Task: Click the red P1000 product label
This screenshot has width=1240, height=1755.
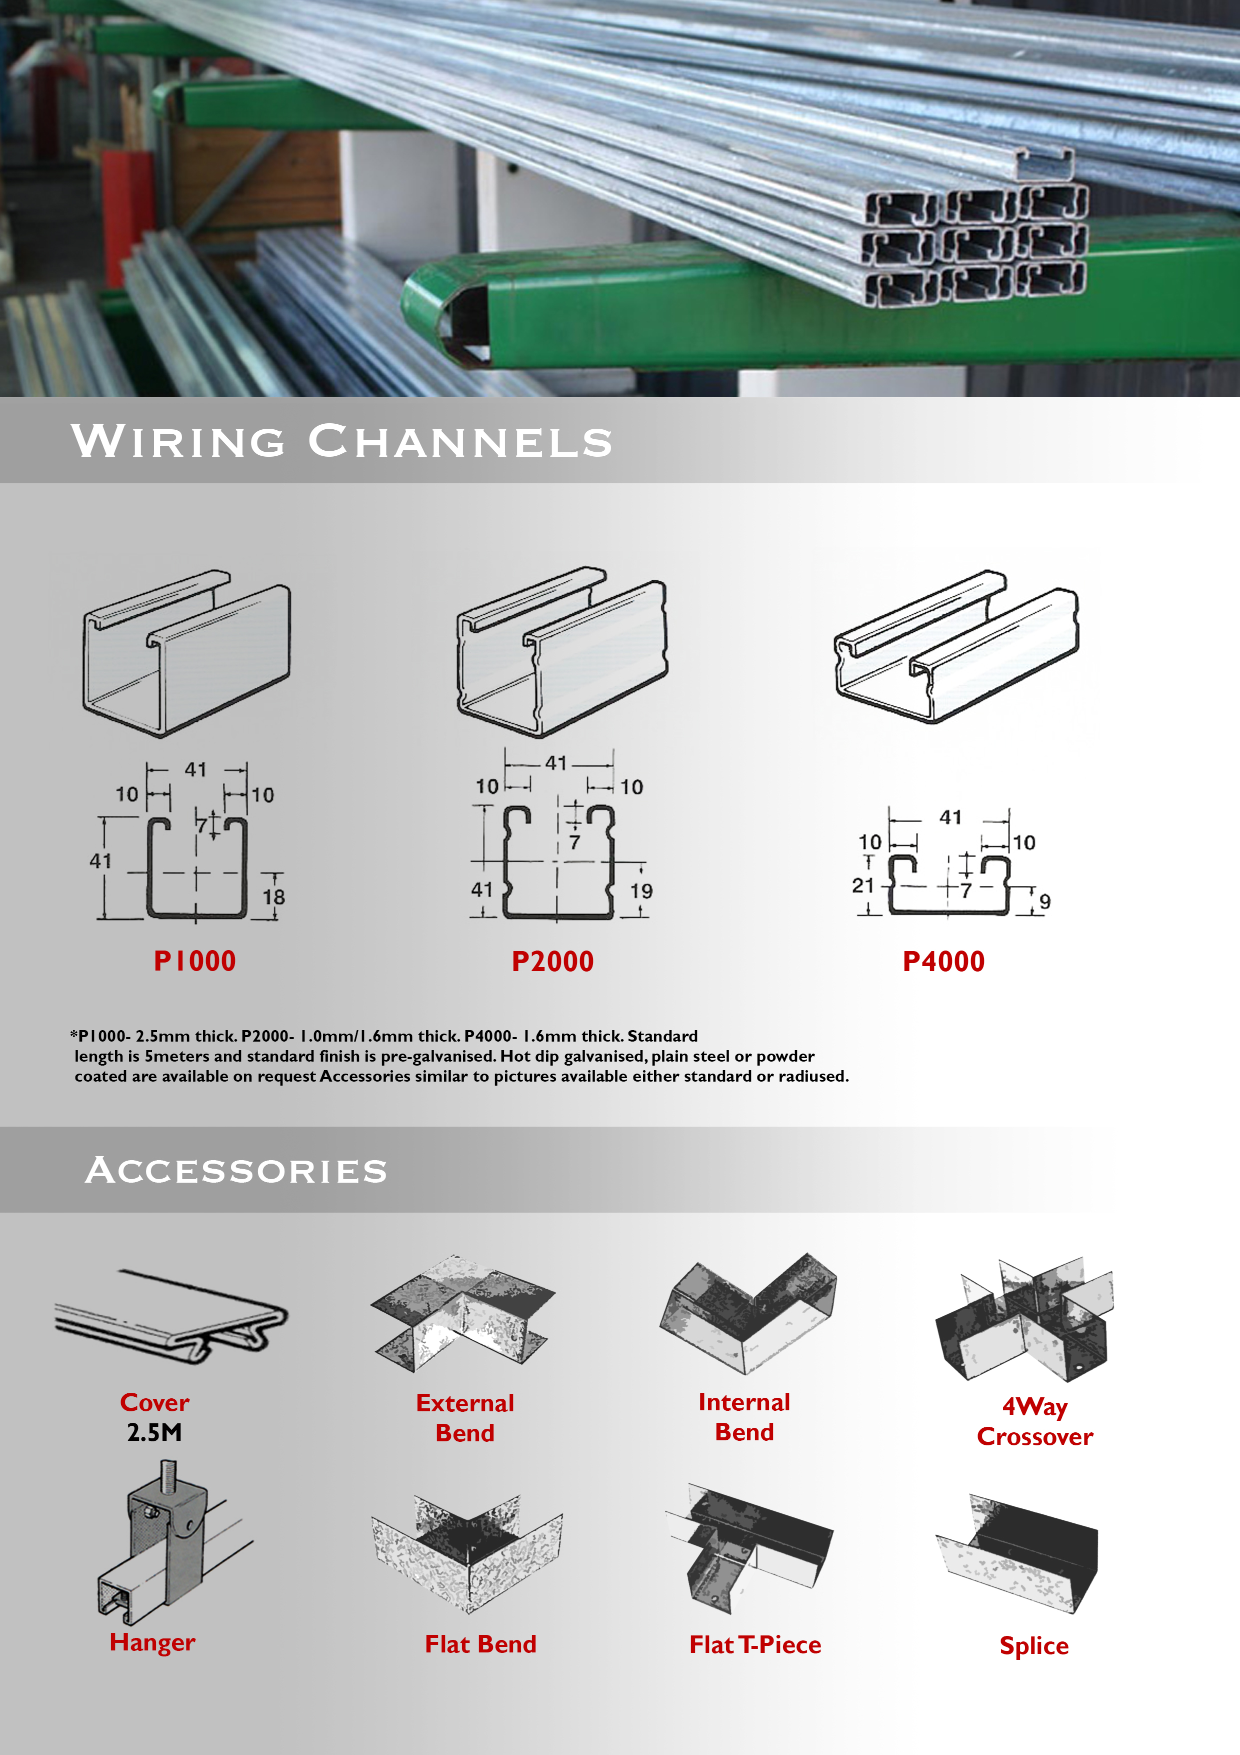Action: [195, 961]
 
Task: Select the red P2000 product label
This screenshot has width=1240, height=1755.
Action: [552, 962]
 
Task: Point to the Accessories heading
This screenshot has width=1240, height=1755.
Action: [236, 1170]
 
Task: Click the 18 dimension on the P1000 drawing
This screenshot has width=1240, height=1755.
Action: [273, 897]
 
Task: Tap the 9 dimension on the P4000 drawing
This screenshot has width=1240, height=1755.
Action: [1044, 902]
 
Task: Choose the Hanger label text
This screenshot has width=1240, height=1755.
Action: [152, 1642]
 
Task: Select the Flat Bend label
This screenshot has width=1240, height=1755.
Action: [480, 1643]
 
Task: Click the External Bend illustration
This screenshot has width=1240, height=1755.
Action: [463, 1314]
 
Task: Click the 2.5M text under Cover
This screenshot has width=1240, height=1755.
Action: [154, 1432]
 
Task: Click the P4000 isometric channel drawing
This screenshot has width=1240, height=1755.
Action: [956, 646]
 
